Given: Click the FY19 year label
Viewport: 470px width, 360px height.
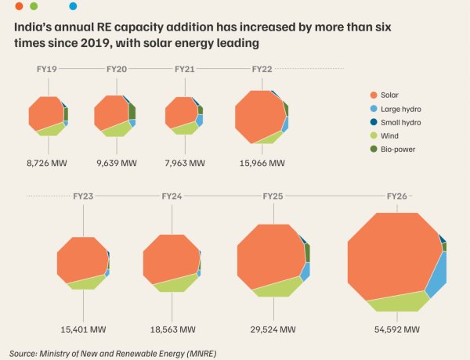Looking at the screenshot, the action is click(x=47, y=69).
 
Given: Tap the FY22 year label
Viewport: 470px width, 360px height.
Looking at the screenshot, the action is click(x=262, y=69).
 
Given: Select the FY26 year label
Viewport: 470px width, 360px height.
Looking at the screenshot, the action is click(x=397, y=196).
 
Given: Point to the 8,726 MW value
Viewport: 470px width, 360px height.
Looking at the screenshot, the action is click(x=47, y=164).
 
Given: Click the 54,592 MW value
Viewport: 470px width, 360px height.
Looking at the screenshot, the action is click(x=397, y=329).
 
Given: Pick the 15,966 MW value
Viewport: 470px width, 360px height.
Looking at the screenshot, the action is click(x=262, y=164).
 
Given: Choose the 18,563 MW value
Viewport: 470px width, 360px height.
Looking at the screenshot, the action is click(x=172, y=329).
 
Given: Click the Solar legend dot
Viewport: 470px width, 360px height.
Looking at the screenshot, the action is click(x=374, y=95).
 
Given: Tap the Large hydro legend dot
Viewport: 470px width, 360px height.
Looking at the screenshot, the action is click(x=374, y=109).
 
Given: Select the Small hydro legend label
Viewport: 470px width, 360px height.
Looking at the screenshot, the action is click(x=401, y=123).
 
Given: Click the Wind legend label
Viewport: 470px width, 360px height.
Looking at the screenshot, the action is click(x=389, y=136).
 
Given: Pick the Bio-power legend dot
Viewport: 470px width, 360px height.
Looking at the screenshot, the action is click(x=374, y=149).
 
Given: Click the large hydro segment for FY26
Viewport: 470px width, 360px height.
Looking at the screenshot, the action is click(x=437, y=275).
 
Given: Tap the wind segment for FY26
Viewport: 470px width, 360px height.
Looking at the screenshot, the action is click(x=399, y=302).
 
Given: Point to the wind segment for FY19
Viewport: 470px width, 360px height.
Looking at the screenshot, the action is click(x=51, y=129).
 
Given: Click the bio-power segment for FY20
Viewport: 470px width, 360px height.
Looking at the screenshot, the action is click(x=132, y=111).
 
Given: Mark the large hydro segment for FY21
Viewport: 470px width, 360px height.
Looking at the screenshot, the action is click(x=200, y=120).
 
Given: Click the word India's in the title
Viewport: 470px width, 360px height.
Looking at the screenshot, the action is click(x=32, y=27).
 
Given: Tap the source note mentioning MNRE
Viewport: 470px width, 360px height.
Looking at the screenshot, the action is click(x=113, y=354).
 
